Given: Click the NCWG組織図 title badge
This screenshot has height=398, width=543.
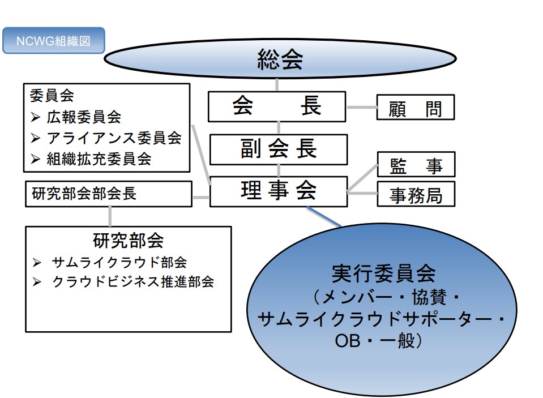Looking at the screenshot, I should tap(54, 41).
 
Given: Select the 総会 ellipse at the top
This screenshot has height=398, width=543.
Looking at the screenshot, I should tap(280, 58).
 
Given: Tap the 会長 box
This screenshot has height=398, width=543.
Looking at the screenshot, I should tap(277, 106).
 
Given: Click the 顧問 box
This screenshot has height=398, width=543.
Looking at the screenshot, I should tap(416, 107).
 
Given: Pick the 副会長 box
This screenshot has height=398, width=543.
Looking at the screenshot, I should tap(278, 149).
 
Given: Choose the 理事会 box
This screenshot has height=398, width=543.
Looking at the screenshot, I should tap(278, 191).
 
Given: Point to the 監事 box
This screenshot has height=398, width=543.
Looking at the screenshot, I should tap(416, 165).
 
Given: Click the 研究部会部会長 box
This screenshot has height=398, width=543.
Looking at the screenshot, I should tap(108, 194).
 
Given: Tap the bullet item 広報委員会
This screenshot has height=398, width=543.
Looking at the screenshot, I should tap(84, 117).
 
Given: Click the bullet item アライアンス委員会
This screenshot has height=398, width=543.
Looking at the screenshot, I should tap(114, 138).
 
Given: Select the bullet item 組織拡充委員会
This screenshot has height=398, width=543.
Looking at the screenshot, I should tap(99, 158).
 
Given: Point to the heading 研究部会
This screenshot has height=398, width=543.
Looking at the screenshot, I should tap(128, 241).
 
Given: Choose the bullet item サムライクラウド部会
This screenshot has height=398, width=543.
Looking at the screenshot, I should tap(119, 262).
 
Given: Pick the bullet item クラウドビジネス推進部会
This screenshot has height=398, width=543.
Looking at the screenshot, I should tap(132, 281).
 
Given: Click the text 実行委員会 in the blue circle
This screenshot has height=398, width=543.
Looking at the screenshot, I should tap(383, 273).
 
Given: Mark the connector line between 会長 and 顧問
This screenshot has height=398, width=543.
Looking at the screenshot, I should tap(361, 107).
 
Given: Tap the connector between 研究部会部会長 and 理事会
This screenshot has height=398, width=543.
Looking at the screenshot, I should tap(201, 198).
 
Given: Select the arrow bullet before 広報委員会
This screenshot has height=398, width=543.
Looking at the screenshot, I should tap(36, 118).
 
